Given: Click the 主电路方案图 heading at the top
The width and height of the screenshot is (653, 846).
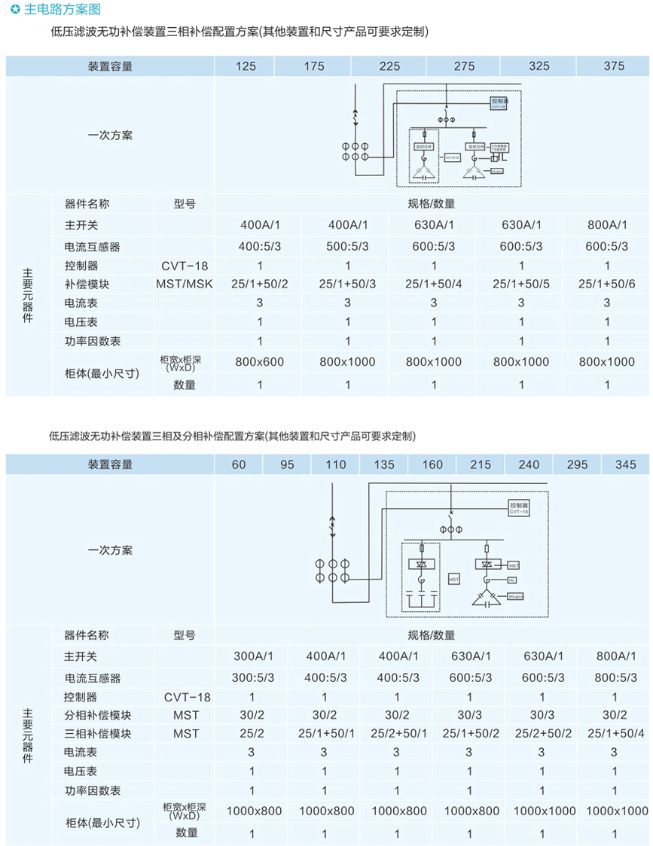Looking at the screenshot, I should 61,10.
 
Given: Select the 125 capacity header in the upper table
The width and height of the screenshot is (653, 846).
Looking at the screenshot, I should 246,66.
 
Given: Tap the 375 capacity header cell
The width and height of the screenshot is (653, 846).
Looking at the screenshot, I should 614,66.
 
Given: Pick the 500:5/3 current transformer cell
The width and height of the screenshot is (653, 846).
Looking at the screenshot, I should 347,246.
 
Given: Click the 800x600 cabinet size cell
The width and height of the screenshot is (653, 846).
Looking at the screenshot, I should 260,362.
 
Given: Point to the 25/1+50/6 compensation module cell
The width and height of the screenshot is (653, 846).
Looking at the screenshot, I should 607,285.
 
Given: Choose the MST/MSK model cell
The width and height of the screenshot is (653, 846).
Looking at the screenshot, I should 185,285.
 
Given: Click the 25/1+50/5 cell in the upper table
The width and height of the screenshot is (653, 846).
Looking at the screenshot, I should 521,285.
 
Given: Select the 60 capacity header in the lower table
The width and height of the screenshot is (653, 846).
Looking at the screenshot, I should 239,464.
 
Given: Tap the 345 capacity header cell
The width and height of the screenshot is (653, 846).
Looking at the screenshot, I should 626,464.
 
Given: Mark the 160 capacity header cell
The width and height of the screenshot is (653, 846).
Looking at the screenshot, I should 432,464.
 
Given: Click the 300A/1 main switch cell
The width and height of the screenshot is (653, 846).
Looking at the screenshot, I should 252,657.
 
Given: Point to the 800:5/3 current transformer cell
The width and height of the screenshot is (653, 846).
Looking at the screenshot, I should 615,677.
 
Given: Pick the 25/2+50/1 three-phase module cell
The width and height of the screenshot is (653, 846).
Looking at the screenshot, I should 397,734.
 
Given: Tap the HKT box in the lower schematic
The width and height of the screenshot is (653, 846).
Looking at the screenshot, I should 513,565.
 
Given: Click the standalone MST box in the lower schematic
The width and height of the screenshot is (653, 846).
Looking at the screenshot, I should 453,580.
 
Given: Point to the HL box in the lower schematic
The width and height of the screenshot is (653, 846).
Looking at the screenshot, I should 511,580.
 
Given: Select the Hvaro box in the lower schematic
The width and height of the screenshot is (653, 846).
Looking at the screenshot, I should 514,596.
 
